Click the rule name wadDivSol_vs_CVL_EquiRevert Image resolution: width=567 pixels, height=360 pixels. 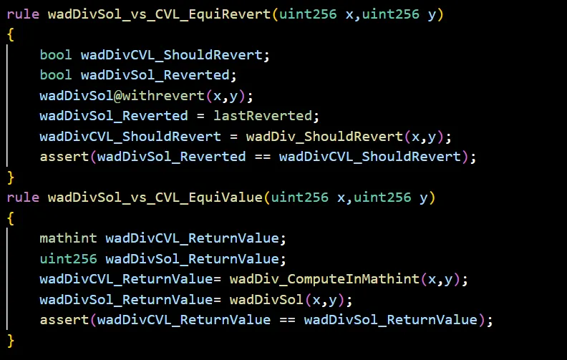158,14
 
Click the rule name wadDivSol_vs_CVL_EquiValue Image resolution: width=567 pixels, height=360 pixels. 155,197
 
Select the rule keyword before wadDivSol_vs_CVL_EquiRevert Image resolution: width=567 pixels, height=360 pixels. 23,14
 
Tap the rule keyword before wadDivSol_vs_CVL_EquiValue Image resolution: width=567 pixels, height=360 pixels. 23,197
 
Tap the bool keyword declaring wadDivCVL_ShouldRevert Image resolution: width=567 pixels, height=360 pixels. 56,54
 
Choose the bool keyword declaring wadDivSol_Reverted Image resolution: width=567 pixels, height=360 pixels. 56,75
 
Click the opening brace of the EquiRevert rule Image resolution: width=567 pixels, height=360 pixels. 10,34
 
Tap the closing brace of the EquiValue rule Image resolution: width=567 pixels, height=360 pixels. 10,340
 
